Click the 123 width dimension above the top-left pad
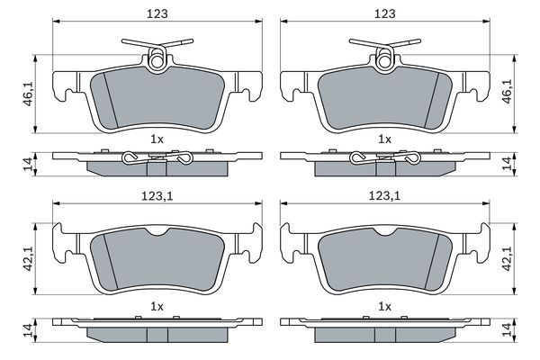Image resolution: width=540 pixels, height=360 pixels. coord(157,13)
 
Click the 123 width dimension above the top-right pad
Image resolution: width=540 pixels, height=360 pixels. coord(385,13)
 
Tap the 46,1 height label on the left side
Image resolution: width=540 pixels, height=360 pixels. coord(28,94)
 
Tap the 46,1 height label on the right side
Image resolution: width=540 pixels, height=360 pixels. coord(508,91)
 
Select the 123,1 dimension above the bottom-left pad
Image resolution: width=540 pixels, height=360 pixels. coord(157,196)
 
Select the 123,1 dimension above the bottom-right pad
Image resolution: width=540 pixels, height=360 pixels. coord(384,196)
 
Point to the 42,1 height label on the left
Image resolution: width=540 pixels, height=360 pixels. coord(28,258)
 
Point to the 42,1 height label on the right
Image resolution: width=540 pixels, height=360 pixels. coord(508,258)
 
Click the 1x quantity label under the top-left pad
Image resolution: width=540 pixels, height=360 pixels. coord(157,139)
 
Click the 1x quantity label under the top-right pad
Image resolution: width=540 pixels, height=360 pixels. coord(384,139)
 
